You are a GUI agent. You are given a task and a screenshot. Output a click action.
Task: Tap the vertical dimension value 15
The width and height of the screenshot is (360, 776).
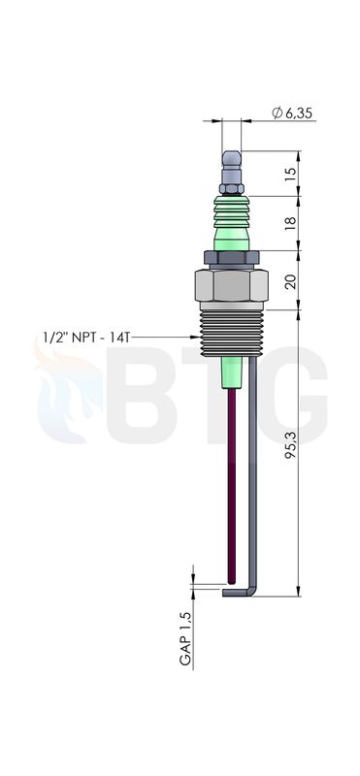point(291,174)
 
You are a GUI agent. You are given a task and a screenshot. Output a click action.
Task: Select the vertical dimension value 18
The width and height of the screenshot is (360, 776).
point(291,223)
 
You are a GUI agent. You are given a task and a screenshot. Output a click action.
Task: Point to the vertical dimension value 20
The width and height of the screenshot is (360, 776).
point(291,280)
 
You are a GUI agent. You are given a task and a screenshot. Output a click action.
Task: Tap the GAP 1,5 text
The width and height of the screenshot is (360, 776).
point(185,638)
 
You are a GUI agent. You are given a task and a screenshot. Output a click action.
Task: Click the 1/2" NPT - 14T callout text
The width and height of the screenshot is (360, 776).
point(86,338)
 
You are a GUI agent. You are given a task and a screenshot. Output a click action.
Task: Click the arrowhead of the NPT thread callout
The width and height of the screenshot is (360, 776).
point(195,338)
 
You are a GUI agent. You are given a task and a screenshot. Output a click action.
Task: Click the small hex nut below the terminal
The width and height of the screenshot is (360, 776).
point(232,188)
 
